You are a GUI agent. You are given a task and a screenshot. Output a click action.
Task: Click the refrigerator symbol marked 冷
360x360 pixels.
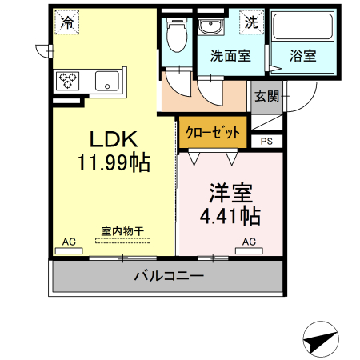pos(67,22)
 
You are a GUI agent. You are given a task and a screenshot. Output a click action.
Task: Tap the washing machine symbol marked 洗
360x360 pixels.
pos(251,22)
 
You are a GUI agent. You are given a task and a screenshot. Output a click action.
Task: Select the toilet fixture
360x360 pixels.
pos(177,34)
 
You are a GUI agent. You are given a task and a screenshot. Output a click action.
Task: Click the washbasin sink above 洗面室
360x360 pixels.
pos(212,27)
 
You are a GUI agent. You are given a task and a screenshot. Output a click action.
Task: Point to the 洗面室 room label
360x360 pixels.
pos(230,57)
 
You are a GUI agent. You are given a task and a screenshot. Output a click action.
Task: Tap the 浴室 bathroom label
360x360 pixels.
pos(302,57)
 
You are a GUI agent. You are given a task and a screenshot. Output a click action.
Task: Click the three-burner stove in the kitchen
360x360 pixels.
pos(68,81)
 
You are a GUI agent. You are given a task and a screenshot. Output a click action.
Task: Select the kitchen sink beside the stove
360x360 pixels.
pos(106,81)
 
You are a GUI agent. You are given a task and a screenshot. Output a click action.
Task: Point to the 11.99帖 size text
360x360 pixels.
pos(113,163)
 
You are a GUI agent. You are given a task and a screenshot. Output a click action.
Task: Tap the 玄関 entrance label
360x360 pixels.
pos(267,96)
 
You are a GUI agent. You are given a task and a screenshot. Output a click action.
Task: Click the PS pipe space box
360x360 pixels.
pos(267,142)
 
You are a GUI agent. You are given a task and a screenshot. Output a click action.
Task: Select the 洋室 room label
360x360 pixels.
pos(231,192)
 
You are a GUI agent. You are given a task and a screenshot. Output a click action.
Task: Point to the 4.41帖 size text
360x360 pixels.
pos(230,216)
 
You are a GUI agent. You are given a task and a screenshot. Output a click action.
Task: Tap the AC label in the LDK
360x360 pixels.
pos(69,241)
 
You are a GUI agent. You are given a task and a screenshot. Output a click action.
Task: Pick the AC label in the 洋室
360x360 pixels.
pos(248,241)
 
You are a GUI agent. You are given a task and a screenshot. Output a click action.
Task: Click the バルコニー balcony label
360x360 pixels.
pos(168,277)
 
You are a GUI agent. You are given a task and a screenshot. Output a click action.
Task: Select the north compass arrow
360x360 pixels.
pos(322,340)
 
